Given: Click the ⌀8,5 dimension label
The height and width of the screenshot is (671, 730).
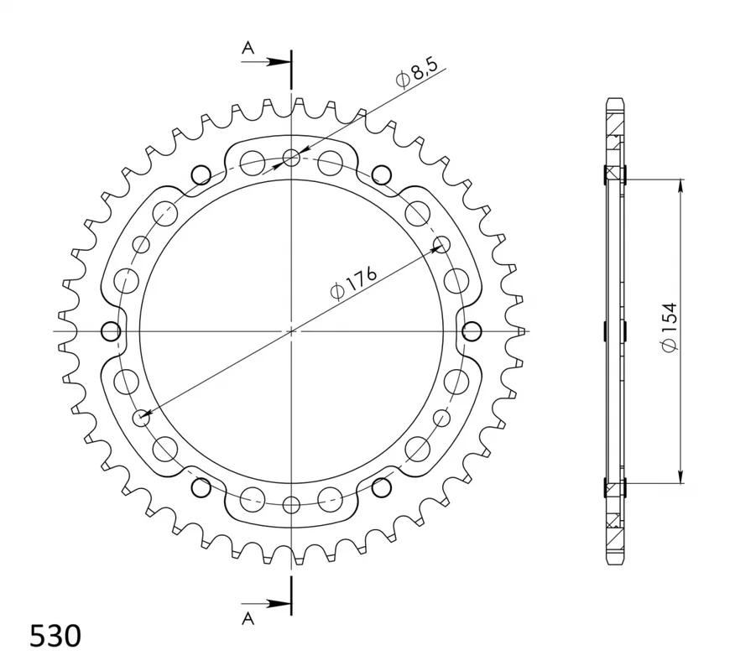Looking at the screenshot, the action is pos(417,74).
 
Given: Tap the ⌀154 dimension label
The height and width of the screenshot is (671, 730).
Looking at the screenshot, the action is pos(670,326).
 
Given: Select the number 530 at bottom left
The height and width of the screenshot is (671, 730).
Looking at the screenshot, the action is pos(55,636).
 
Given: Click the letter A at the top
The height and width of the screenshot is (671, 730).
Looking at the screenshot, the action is pos(248,47).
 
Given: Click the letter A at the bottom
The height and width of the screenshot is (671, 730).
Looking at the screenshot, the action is pos(248,618).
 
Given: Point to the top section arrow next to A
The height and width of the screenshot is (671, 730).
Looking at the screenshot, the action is pos(264,61).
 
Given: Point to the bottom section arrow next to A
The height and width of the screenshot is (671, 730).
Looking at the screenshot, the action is pos(264,604).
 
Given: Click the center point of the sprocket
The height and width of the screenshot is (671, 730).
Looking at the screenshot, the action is pos(291,331).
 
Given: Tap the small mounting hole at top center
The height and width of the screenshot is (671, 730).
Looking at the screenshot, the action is pos(291,158).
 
